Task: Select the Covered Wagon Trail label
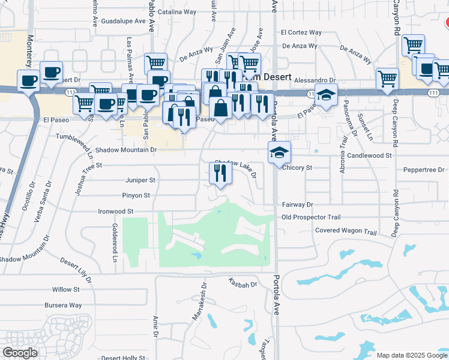tap(346, 232)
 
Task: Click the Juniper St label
tap(140, 179)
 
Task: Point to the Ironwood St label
tap(115, 211)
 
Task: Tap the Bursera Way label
tap(63, 305)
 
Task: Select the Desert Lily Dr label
tap(76, 270)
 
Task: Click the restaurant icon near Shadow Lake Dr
tap(220, 174)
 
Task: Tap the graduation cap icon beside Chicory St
tap(280, 152)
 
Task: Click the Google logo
tap(20, 352)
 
